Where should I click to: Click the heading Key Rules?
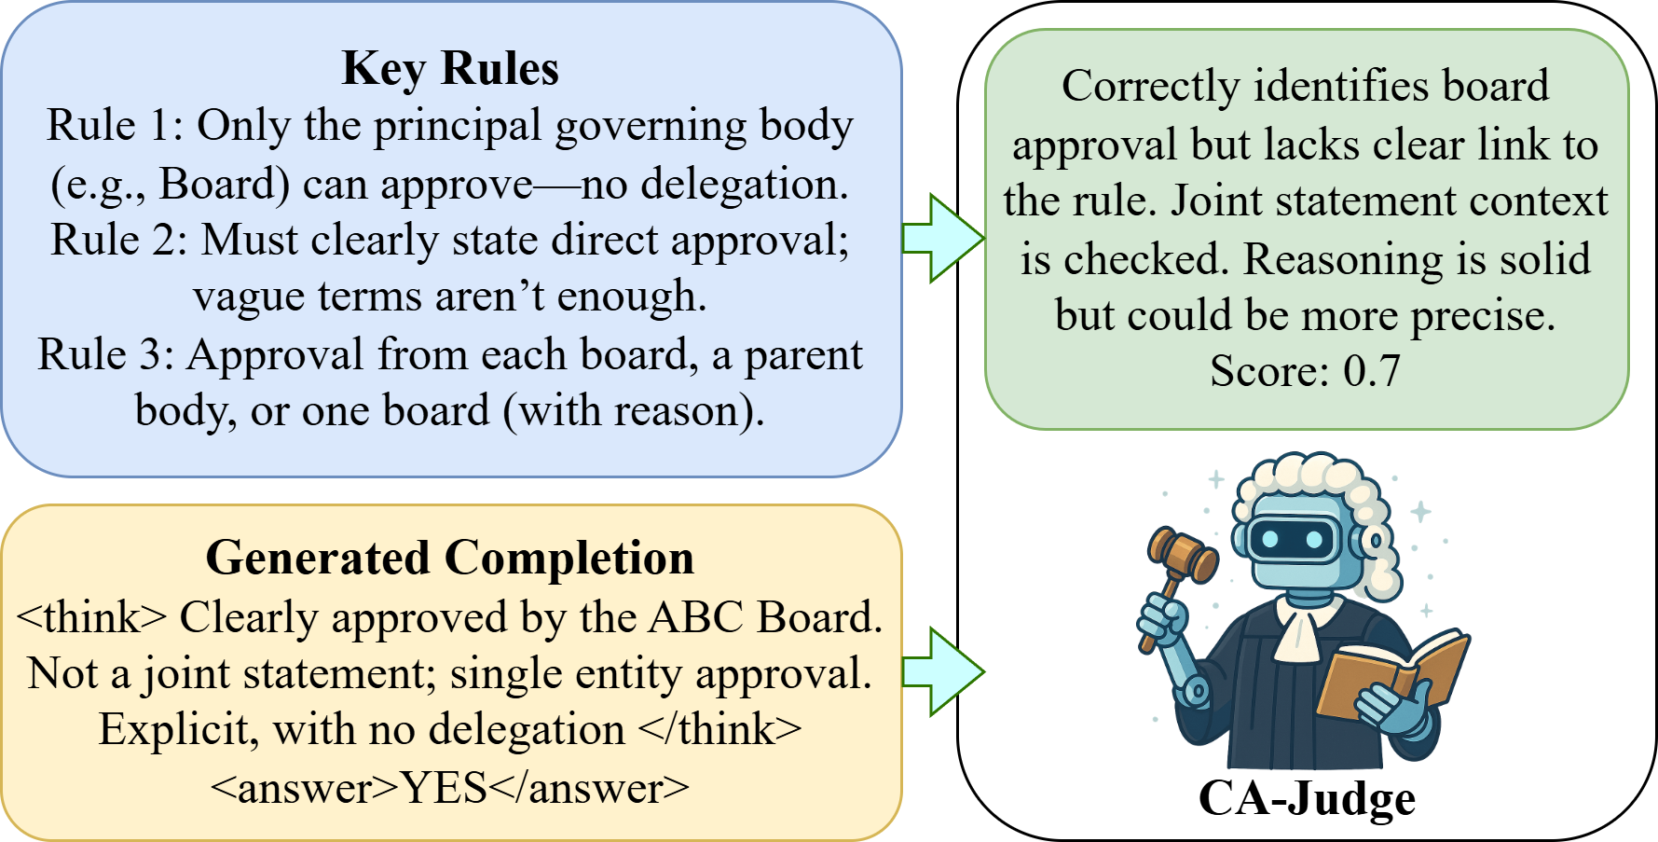[x=450, y=68]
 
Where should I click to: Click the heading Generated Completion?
[x=450, y=558]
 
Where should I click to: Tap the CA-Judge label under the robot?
[x=1307, y=799]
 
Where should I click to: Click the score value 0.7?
[x=1371, y=371]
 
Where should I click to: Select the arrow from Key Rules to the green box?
[x=942, y=238]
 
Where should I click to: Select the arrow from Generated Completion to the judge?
[x=942, y=671]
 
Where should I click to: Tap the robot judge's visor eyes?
[x=1291, y=538]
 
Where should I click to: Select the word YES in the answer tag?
[x=445, y=789]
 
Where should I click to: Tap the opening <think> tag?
[x=91, y=617]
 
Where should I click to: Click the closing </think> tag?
[x=720, y=729]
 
